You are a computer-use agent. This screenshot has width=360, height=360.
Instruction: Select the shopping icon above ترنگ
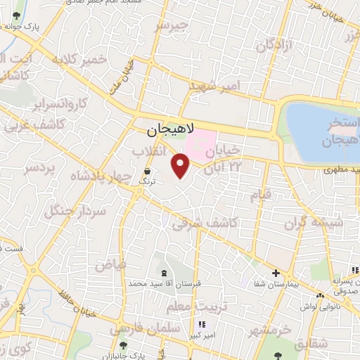click(147, 171)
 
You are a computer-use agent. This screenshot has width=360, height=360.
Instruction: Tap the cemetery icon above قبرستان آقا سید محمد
click(164, 272)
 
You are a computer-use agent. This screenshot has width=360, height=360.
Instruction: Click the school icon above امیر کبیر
click(202, 325)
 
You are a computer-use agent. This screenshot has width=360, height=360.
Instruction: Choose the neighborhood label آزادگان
click(274, 46)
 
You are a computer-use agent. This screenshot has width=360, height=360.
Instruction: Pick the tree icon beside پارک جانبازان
click(124, 346)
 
